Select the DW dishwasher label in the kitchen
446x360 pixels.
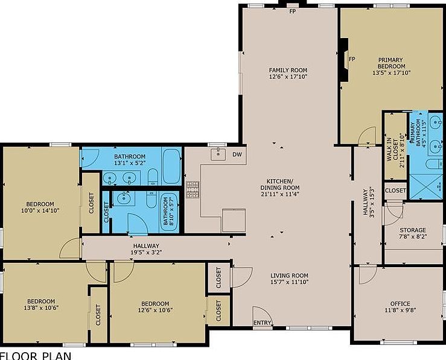(x=237, y=155)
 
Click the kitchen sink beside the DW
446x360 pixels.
(x=218, y=154)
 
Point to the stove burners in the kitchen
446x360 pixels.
(x=193, y=189)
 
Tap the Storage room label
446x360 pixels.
(x=413, y=230)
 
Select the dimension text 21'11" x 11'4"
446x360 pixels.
(x=279, y=194)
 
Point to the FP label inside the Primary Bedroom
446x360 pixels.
(x=352, y=58)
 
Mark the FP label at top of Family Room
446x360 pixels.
(x=293, y=11)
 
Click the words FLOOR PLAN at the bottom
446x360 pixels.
(x=36, y=355)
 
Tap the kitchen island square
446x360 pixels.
(x=234, y=220)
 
